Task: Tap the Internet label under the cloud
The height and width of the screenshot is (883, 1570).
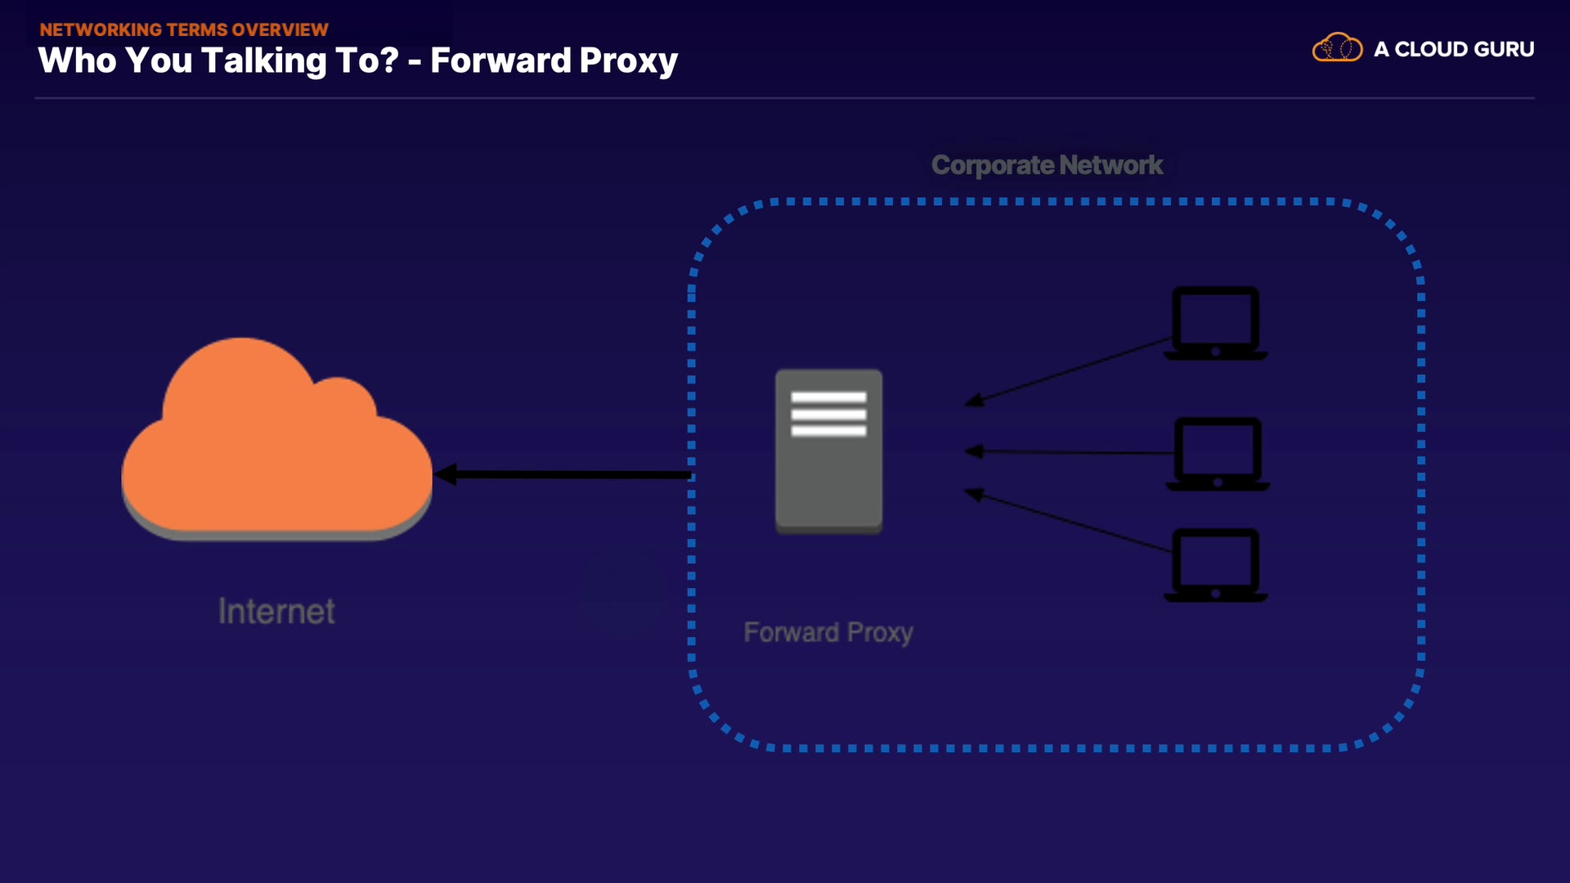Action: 276,612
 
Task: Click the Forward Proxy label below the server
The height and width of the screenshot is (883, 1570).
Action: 828,632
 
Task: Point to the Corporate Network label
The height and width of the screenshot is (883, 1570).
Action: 1047,165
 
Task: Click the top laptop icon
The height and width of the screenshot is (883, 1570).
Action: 1216,322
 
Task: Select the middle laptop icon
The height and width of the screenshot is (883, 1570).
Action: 1218,453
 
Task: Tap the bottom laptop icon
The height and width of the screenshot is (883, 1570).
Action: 1216,564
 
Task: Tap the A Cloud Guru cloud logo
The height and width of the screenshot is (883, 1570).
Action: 1337,48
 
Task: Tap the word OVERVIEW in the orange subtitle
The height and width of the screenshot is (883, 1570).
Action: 280,29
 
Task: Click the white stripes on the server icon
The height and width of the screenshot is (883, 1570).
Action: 828,414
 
